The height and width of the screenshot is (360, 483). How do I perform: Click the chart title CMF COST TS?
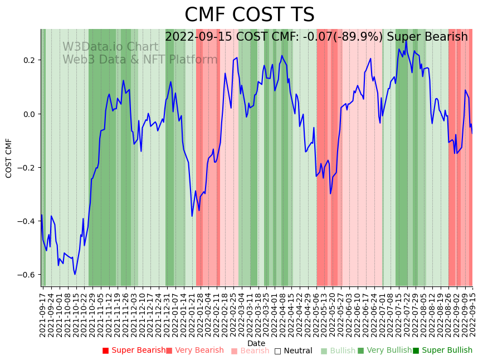point(249,15)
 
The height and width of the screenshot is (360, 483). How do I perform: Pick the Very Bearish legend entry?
point(194,351)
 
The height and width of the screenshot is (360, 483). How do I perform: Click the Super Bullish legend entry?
point(442,351)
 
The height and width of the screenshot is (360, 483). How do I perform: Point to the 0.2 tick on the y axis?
point(28,60)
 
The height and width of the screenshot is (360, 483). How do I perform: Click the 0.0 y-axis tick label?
point(28,114)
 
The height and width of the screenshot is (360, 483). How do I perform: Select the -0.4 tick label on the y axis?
point(26,221)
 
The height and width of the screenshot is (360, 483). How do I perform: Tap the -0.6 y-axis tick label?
point(26,275)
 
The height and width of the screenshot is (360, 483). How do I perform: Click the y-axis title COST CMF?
point(9,158)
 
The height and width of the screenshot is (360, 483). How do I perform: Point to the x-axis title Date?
point(256,343)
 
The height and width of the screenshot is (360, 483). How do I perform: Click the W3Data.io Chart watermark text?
point(110,47)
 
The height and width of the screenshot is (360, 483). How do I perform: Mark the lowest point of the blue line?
point(75,274)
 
